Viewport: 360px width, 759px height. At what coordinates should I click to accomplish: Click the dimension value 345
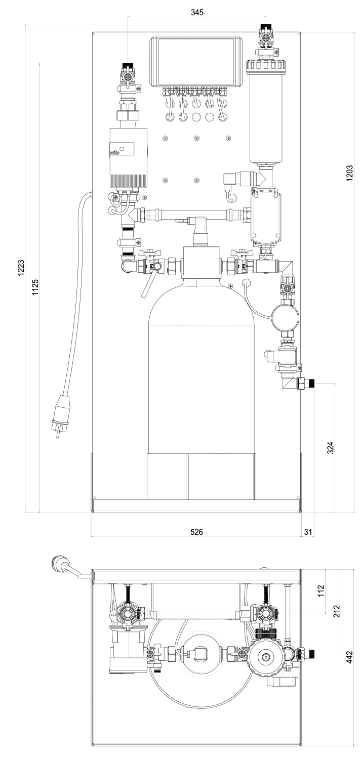click(x=197, y=13)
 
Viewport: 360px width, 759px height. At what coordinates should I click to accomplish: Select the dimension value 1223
click(x=21, y=268)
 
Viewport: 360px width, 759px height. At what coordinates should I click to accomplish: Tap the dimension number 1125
click(x=35, y=288)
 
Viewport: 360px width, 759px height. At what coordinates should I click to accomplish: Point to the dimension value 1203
click(x=349, y=173)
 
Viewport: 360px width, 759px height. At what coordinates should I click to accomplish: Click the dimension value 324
click(x=330, y=448)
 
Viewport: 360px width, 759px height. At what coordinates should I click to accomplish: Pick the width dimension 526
click(x=196, y=532)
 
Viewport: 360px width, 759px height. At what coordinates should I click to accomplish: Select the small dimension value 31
click(x=307, y=532)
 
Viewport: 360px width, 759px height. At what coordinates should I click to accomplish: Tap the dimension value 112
click(x=321, y=591)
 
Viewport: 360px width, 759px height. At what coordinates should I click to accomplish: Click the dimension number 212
click(x=336, y=611)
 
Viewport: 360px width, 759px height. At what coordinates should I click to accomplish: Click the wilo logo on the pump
click(x=116, y=152)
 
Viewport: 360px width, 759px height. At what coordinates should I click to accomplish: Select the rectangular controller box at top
click(x=196, y=62)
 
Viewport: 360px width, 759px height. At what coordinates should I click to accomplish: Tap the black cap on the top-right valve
click(x=263, y=26)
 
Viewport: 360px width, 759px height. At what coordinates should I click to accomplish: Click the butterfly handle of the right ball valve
click(x=240, y=252)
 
